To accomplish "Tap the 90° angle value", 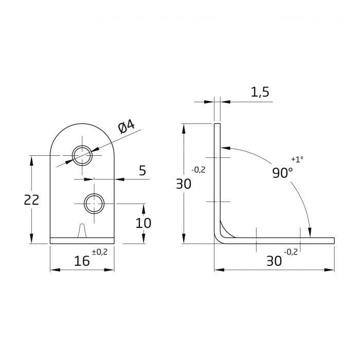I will (x=282, y=173).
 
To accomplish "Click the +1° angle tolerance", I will (x=297, y=159).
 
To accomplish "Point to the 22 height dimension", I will (x=32, y=200).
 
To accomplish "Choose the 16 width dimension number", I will (x=81, y=261).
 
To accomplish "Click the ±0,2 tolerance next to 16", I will (x=99, y=251).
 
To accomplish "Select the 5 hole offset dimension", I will (x=142, y=170).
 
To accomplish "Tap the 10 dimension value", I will (x=143, y=223).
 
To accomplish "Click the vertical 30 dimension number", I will (x=184, y=184).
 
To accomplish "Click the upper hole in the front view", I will (x=82, y=155).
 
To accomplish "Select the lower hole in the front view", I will (x=94, y=204).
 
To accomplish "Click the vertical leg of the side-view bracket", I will (x=217, y=175).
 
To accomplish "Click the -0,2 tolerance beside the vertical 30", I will (x=199, y=170).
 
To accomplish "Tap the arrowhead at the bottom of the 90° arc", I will (x=310, y=233).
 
